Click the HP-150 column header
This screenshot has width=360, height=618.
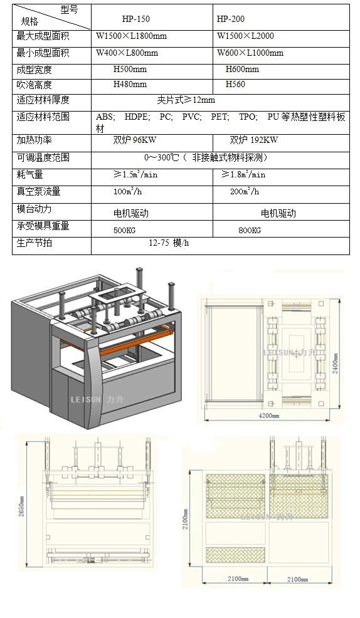(x=135, y=19)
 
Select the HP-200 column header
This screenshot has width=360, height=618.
(x=231, y=19)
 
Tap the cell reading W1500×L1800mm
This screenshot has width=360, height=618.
(x=131, y=36)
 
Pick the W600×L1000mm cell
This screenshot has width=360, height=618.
(x=250, y=53)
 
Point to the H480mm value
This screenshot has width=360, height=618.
(x=130, y=85)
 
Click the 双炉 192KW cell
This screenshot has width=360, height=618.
(x=254, y=140)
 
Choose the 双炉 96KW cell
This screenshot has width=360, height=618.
(x=134, y=140)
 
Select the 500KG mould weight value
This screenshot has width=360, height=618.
(x=125, y=230)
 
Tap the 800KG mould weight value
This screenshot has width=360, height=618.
(x=250, y=230)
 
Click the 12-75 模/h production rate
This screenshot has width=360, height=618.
(x=169, y=243)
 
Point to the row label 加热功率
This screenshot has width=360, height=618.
(x=34, y=140)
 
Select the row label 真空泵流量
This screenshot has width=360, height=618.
(x=38, y=192)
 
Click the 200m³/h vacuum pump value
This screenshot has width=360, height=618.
(x=245, y=192)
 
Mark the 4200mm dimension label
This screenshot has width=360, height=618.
(x=268, y=416)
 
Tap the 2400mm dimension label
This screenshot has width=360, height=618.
(x=336, y=364)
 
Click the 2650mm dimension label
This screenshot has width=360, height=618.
(x=22, y=506)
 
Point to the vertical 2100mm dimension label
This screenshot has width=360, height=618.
(x=185, y=519)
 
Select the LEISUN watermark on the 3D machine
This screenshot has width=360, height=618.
(x=97, y=400)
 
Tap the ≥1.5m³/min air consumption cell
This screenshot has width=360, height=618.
(x=135, y=174)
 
